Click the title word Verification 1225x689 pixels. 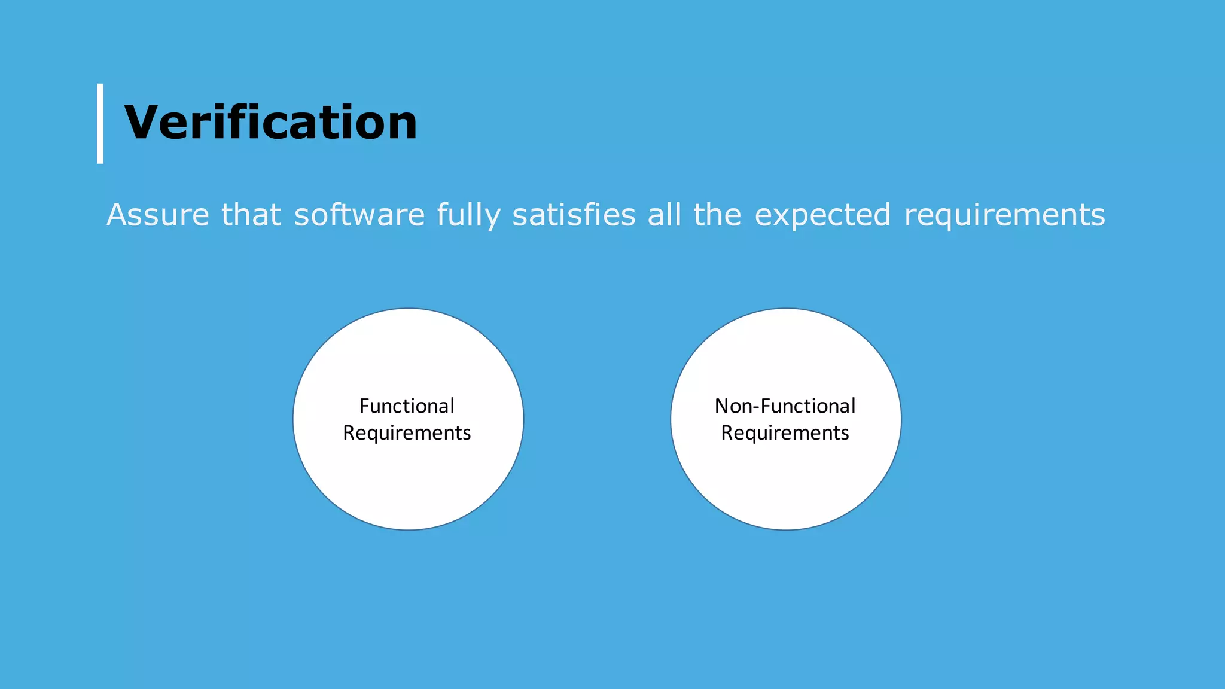coord(270,123)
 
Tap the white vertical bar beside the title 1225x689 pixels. coord(100,123)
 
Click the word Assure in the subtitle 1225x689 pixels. coord(158,215)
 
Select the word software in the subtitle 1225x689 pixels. coord(359,215)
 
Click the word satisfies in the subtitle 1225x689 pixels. coord(574,215)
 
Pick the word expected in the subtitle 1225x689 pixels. coord(822,215)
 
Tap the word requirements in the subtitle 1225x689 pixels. coord(1004,215)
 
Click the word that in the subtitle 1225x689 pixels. coord(251,215)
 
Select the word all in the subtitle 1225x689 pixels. coord(665,215)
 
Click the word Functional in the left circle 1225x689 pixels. coord(407,406)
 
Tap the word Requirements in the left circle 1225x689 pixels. coord(407,432)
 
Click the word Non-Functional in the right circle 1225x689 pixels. coord(785,406)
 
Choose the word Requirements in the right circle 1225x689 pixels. coord(785,432)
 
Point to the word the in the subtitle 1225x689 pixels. coord(717,215)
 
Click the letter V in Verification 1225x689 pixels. coord(143,123)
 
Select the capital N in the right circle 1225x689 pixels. coord(722,406)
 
